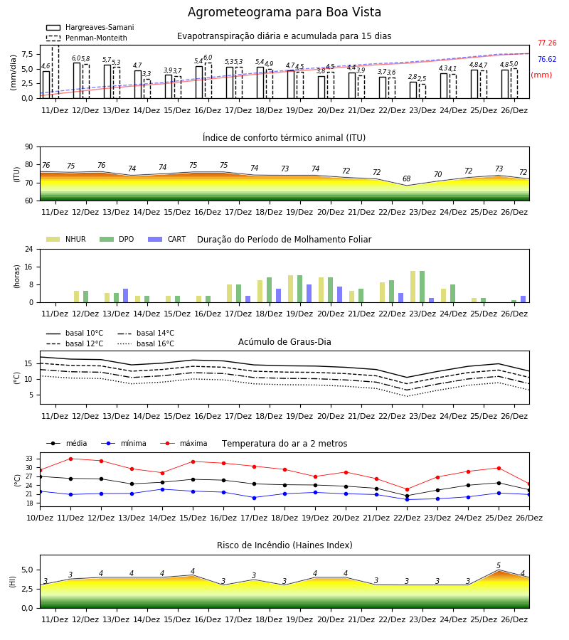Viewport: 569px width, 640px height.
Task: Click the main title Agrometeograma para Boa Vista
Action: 284,12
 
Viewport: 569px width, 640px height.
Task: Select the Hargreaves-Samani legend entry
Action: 90,27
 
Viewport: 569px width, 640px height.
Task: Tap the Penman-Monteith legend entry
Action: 87,38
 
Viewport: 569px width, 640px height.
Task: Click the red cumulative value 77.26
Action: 547,43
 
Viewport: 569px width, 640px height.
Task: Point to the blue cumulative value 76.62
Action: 547,59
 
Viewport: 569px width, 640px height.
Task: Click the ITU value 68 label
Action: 407,178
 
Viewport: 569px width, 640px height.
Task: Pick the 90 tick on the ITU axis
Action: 29,147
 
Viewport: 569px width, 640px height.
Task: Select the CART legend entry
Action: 167,239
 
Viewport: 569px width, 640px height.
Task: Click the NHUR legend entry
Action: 66,239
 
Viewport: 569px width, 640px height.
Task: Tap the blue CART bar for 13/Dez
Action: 126,296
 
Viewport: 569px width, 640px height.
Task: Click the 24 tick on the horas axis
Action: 29,249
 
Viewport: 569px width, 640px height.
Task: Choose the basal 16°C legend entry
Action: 146,343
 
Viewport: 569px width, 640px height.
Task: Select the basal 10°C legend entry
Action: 75,333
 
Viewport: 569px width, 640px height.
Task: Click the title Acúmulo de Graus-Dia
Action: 284,342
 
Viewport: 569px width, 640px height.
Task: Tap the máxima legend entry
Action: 184,443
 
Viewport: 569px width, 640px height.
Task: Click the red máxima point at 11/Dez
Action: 70,459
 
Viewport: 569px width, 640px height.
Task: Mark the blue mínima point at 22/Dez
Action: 407,499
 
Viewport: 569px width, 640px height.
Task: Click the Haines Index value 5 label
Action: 499,566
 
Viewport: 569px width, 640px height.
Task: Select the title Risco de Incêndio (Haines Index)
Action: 284,545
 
